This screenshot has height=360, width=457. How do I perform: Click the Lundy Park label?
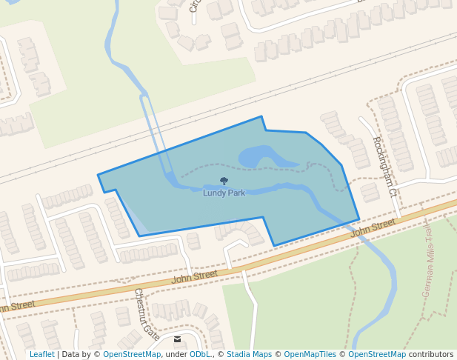224,193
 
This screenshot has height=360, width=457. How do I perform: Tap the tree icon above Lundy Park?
224,181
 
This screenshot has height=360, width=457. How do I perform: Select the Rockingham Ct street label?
384,167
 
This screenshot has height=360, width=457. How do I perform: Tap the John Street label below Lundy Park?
195,276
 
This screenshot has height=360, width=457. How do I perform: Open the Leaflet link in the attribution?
41,354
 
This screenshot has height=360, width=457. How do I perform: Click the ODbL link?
200,354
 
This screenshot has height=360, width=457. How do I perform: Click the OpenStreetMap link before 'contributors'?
377,354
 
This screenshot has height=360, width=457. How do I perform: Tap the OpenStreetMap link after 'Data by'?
132,354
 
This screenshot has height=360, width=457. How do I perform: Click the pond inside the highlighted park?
259,157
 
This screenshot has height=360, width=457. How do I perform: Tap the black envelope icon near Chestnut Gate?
178,339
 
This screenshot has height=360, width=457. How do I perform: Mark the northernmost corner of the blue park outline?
261,116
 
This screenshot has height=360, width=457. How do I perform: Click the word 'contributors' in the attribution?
431,354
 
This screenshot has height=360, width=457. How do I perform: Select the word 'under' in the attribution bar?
176,354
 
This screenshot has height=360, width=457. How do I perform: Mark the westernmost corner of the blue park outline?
98,176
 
